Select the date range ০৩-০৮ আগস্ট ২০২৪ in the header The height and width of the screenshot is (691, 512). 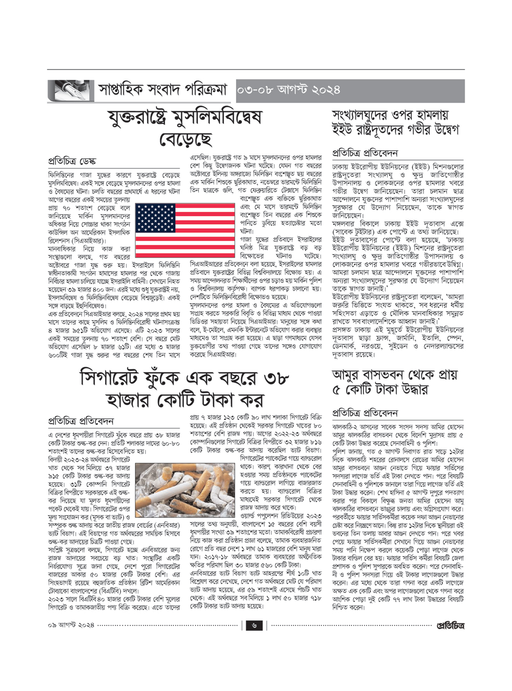coord(288,91)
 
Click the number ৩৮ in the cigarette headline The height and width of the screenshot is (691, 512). coord(276,378)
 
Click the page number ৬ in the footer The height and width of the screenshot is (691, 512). coord(254,625)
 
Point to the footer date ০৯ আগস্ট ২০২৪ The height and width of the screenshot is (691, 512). coord(71,625)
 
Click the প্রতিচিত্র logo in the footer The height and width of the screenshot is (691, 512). coord(451,625)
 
